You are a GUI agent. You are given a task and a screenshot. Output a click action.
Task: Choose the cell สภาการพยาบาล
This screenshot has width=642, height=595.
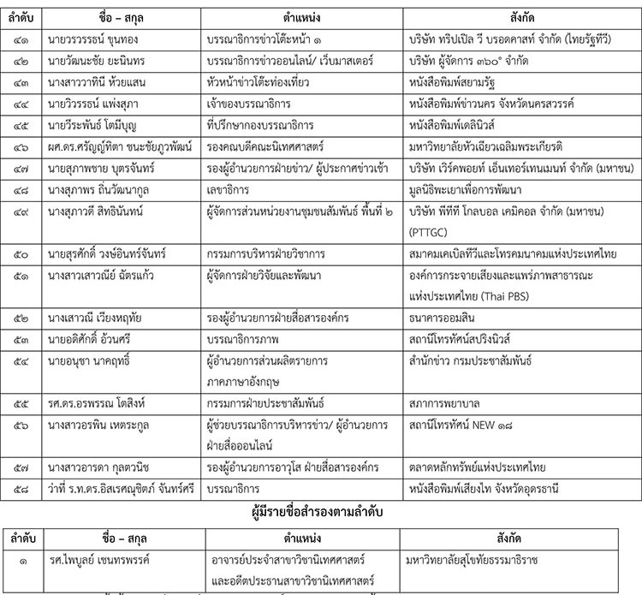pyautogui.click(x=444, y=401)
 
